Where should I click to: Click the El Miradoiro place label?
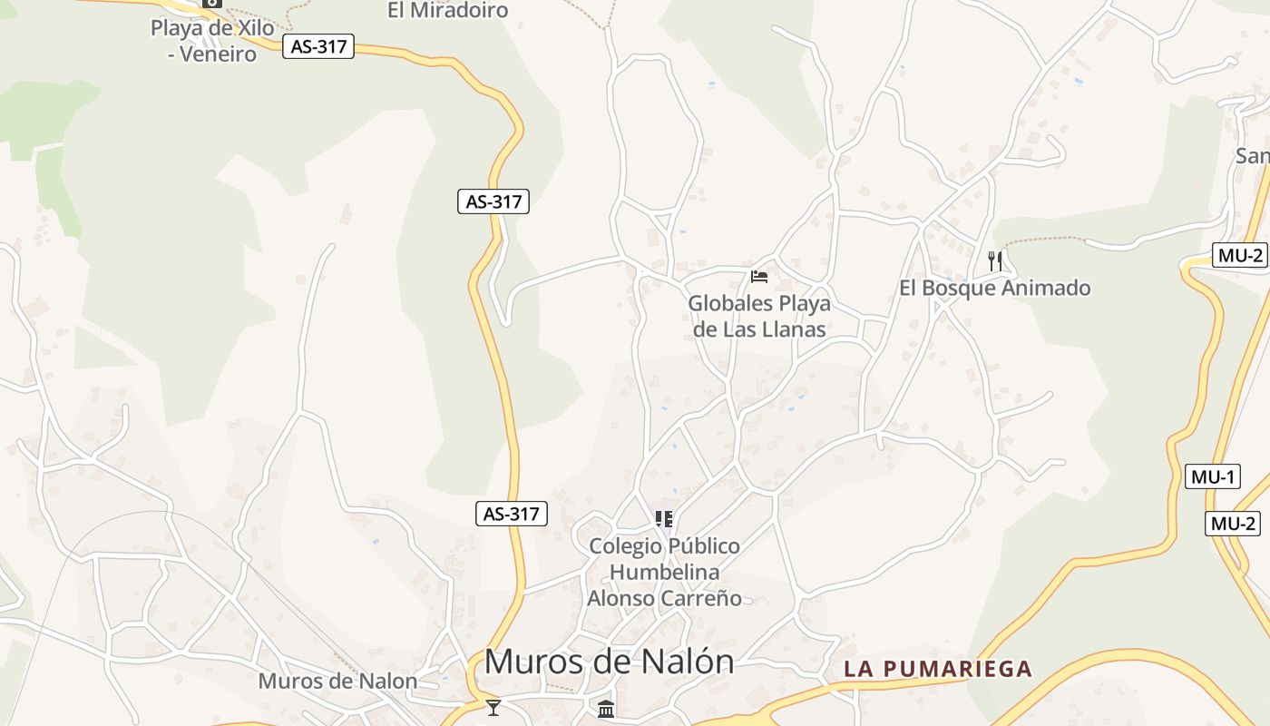click(x=447, y=11)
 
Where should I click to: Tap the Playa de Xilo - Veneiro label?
click(x=212, y=41)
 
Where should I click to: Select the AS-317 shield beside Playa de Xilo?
click(x=318, y=46)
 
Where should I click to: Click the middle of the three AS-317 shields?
click(x=493, y=201)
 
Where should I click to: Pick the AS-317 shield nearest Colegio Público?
click(x=512, y=514)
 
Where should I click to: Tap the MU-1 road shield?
click(x=1212, y=476)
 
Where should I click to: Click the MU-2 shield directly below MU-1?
click(x=1233, y=524)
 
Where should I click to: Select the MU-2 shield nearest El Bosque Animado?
click(x=1238, y=255)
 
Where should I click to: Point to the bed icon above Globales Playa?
click(x=759, y=276)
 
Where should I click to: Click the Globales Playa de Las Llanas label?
click(x=759, y=316)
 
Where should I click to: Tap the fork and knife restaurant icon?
click(x=995, y=261)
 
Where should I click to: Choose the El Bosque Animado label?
click(x=994, y=289)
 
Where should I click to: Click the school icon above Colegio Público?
click(x=664, y=519)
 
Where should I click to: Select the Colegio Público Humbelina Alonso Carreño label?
click(x=664, y=572)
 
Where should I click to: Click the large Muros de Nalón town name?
click(x=609, y=662)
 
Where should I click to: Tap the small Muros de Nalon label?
click(x=337, y=681)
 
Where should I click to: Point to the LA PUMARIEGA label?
click(x=938, y=670)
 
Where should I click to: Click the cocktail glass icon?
click(x=493, y=707)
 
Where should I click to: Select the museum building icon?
click(x=607, y=709)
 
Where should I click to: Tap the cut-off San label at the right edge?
click(x=1253, y=156)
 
